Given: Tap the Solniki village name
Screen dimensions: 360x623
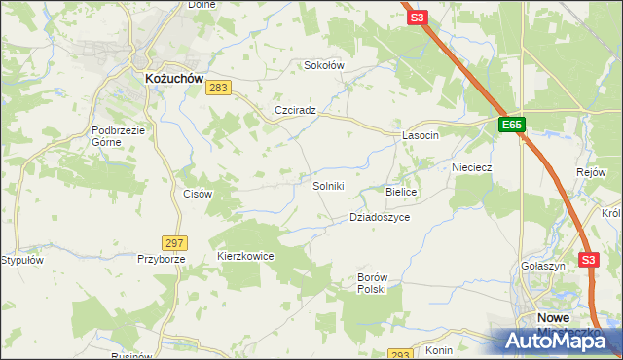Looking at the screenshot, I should (328, 186).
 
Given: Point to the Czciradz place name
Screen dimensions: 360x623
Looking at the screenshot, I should (296, 110).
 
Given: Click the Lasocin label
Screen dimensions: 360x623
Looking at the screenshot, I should (421, 136).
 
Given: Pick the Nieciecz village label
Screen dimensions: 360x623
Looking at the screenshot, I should (471, 167).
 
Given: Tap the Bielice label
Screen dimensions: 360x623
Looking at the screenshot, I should (401, 193).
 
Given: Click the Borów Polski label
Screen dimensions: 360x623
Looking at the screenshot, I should (372, 283).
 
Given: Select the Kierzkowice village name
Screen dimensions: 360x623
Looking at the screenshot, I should (245, 256).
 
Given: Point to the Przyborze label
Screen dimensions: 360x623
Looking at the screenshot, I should (160, 260).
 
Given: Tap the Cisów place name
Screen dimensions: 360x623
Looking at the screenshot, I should (198, 194).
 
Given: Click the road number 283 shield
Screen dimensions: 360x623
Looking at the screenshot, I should (218, 89).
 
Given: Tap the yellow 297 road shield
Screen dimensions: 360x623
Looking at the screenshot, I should (175, 242).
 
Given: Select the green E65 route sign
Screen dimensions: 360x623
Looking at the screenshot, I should (512, 126).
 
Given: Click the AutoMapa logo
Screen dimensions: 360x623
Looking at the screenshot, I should (556, 342).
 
